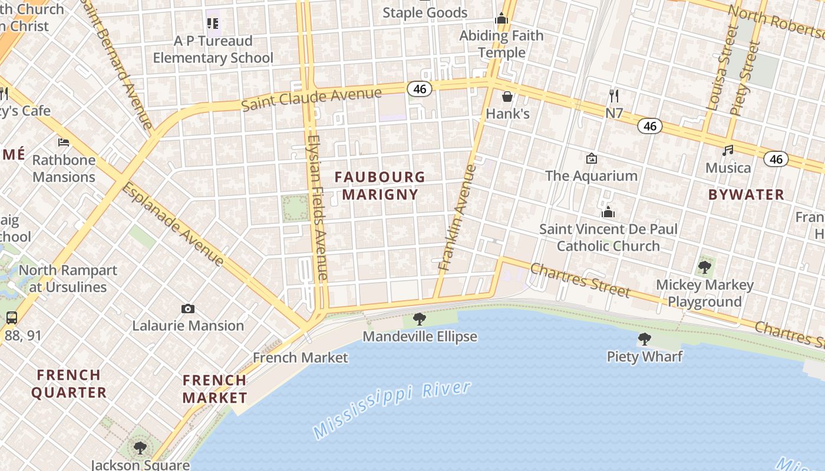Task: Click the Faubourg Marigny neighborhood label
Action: tap(380, 185)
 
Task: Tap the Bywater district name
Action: tap(746, 195)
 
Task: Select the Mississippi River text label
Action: tap(392, 409)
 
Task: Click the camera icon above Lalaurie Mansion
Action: tap(188, 309)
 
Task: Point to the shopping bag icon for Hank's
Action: tap(507, 97)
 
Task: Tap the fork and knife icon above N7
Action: tap(614, 95)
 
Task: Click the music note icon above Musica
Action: tap(728, 151)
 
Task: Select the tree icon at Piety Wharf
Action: tap(645, 339)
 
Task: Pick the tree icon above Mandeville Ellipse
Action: tap(420, 319)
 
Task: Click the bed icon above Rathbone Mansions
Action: tap(64, 142)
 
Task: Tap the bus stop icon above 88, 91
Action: tap(11, 318)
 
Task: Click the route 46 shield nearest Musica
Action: tap(775, 159)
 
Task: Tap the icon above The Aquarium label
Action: tap(591, 158)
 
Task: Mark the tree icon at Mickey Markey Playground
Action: tap(704, 267)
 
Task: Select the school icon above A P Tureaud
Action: tap(213, 24)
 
